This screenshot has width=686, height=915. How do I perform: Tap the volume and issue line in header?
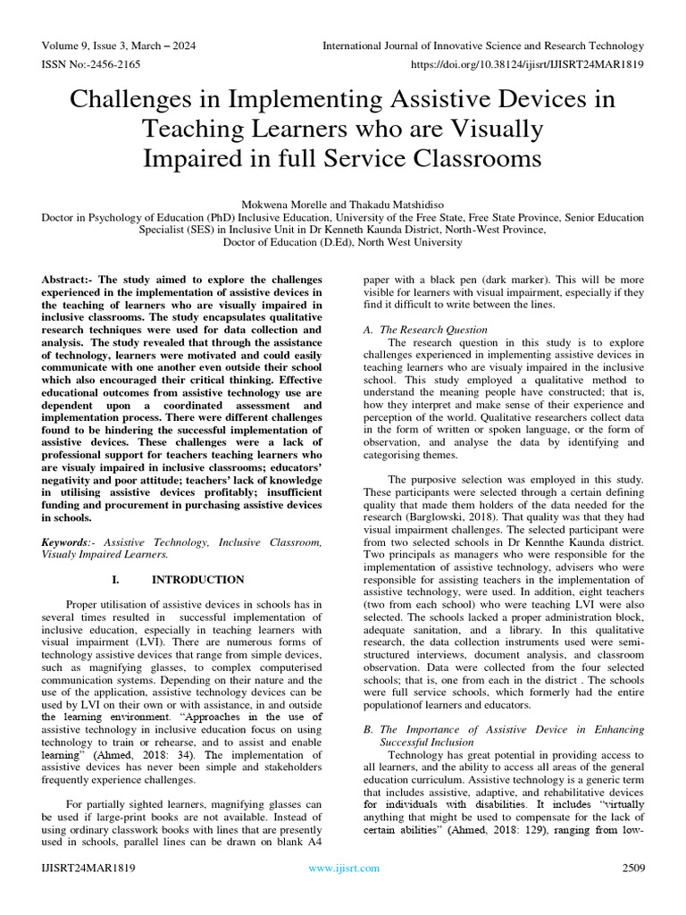coord(119,46)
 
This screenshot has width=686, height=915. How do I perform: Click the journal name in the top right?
coord(482,46)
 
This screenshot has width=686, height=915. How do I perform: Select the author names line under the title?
coord(342,205)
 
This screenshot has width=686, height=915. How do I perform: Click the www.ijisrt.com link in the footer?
coord(343,868)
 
